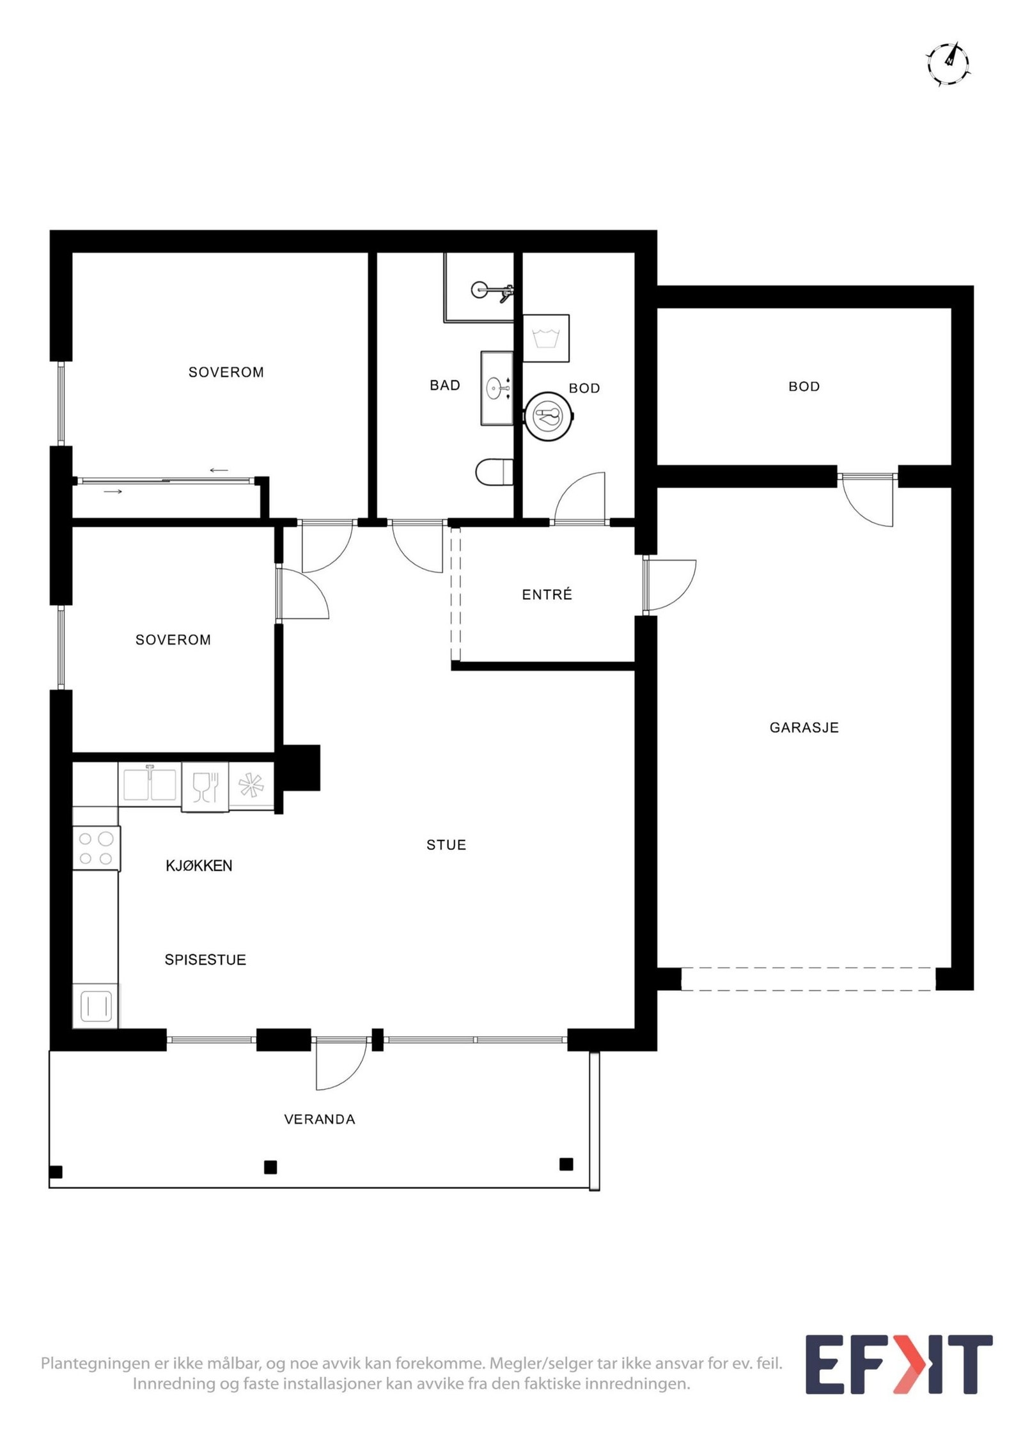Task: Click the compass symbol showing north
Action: [x=948, y=64]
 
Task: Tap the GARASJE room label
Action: [x=804, y=727]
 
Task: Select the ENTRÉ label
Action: [x=547, y=595]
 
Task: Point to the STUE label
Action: [x=446, y=845]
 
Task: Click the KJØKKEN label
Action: [x=199, y=866]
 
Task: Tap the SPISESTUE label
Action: [x=205, y=959]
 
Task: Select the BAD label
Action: [x=445, y=385]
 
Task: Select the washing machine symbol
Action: [x=546, y=338]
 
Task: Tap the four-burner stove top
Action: [x=96, y=848]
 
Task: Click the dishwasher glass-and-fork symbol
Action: [x=205, y=787]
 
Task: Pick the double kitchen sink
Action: [x=150, y=784]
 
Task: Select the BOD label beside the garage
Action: [x=804, y=386]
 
